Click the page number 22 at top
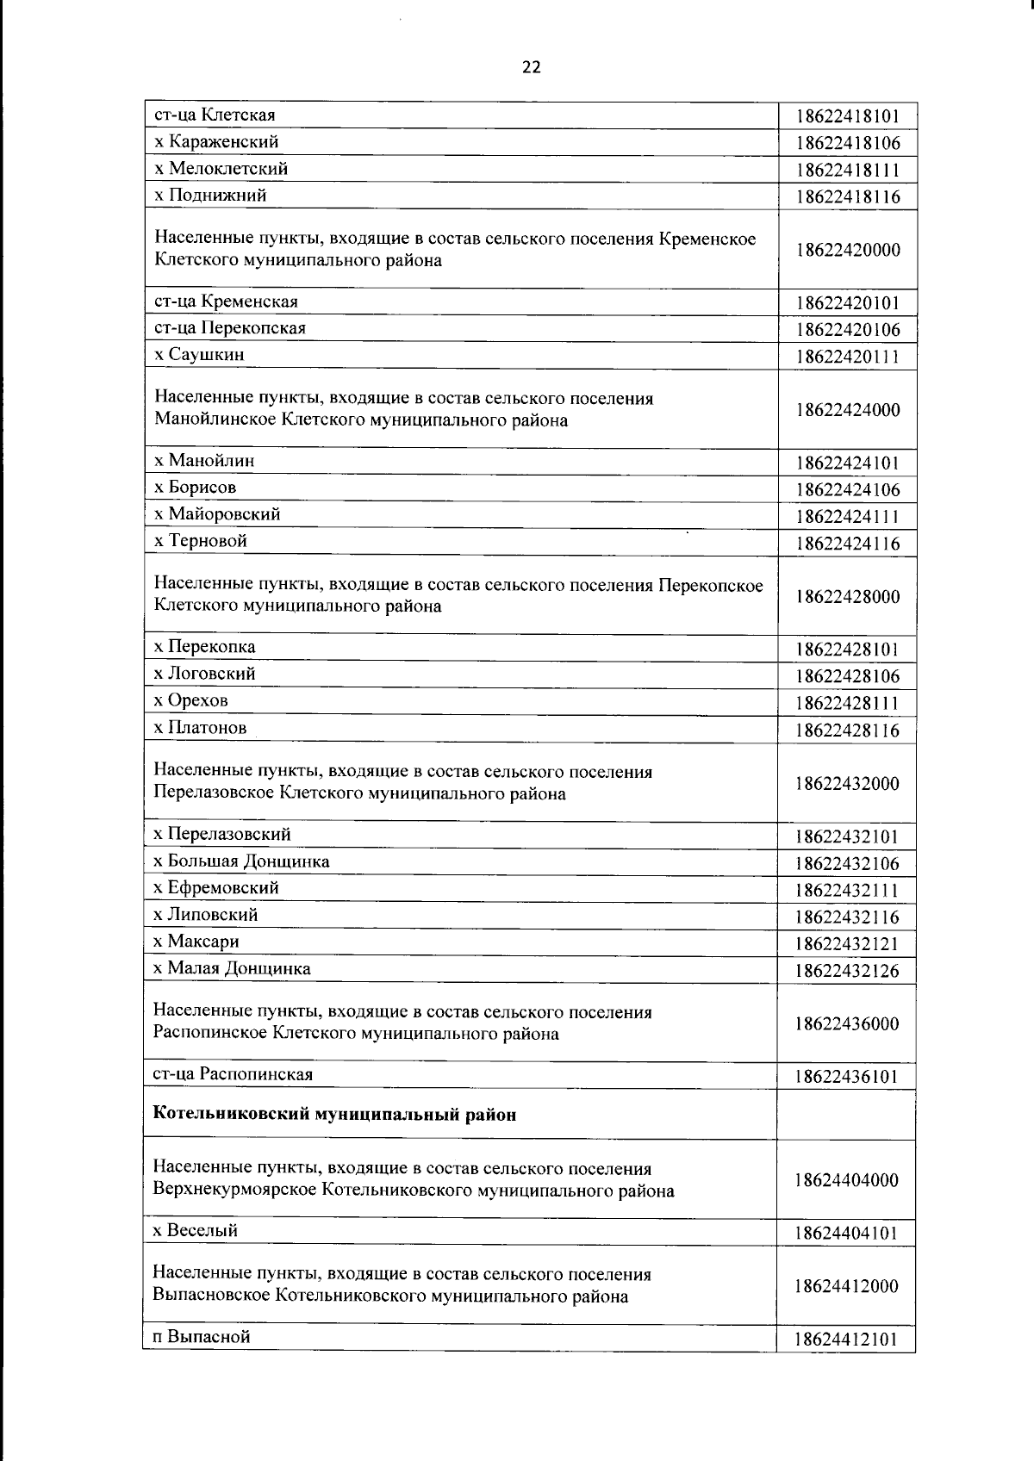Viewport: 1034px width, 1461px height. coord(531,68)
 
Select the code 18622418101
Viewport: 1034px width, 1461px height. coord(847,116)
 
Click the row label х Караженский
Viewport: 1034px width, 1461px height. coord(216,141)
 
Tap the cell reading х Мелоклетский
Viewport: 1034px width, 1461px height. coord(221,168)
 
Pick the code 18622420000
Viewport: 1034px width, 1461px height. coord(847,250)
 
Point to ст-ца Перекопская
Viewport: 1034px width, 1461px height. coord(229,328)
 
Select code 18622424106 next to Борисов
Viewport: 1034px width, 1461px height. coord(847,490)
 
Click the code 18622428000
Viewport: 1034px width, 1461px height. coord(847,597)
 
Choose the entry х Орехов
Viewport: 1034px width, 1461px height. coord(190,700)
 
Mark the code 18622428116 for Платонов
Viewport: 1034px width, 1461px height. coord(847,731)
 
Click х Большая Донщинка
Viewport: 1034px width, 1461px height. coord(241,861)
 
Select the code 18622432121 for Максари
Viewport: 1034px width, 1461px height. coord(847,944)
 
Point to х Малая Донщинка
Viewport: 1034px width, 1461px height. coord(232,968)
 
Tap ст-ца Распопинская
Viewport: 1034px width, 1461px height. coord(233,1074)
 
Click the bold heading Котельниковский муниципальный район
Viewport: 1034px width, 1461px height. coord(334,1115)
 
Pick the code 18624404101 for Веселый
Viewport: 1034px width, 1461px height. coord(847,1234)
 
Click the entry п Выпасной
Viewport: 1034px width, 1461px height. coord(202,1337)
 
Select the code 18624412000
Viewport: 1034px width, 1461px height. coord(847,1286)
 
